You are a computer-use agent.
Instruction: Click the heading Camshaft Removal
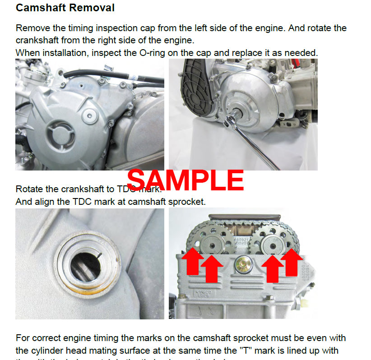[65, 8]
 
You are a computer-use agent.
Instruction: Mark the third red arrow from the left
[273, 268]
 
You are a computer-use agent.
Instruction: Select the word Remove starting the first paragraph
[31, 28]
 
